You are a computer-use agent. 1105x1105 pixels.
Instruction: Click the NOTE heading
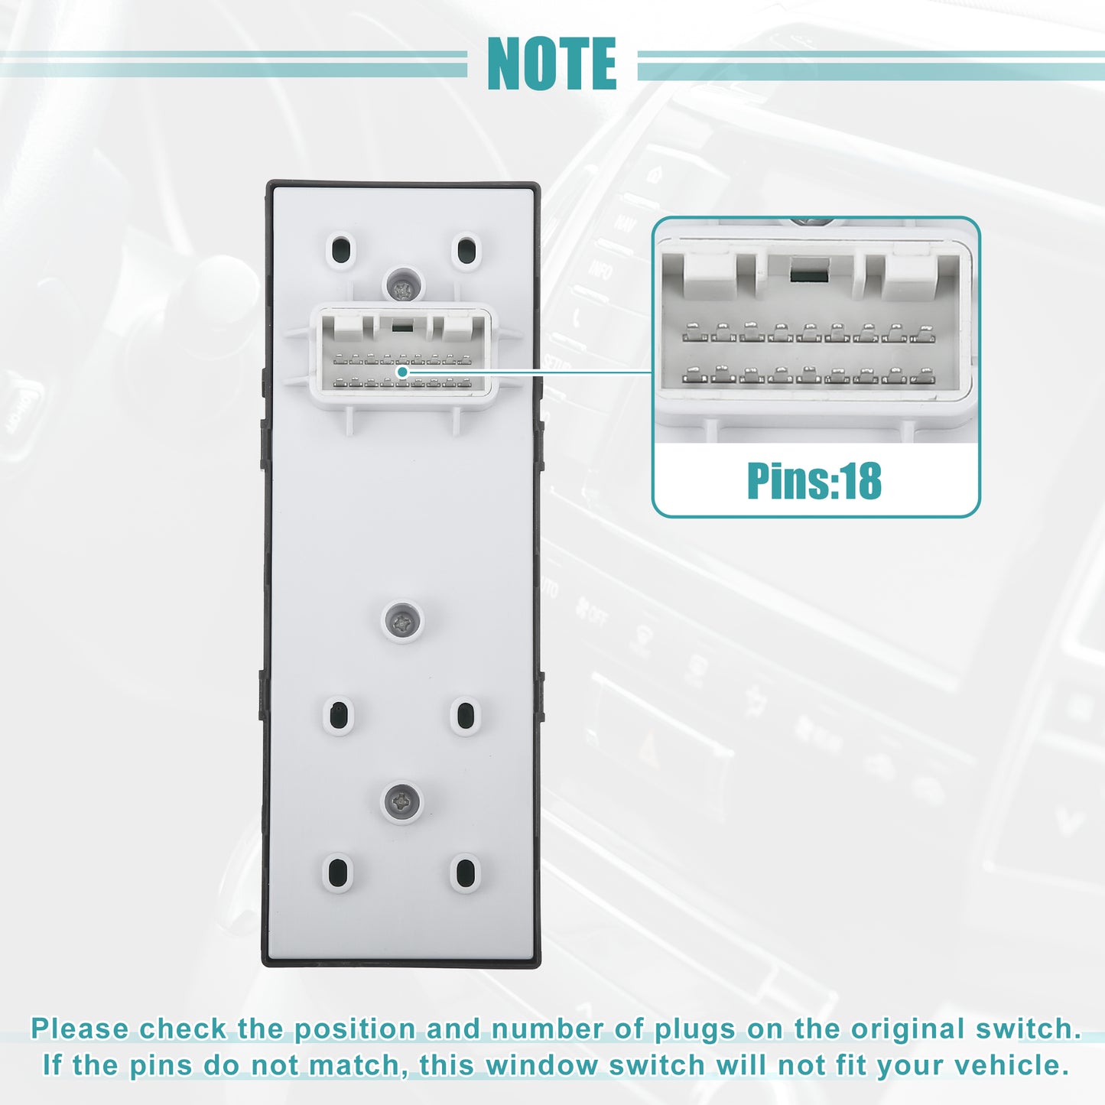551,63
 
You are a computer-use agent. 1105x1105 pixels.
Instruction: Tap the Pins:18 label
814,480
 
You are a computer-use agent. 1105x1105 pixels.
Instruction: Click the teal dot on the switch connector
402,372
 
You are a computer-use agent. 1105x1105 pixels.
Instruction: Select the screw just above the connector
404,284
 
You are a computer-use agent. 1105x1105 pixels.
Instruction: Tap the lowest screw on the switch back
402,801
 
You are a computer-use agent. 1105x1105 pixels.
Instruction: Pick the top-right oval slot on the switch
466,251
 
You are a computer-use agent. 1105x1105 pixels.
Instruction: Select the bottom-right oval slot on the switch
465,871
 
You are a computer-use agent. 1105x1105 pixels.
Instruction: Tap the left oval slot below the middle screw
338,714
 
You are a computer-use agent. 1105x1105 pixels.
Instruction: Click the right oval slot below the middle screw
465,714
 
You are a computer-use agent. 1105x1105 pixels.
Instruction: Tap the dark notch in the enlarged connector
809,269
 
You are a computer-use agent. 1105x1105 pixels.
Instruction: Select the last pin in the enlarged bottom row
923,375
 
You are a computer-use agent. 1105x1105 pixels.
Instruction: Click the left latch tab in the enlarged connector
710,276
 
